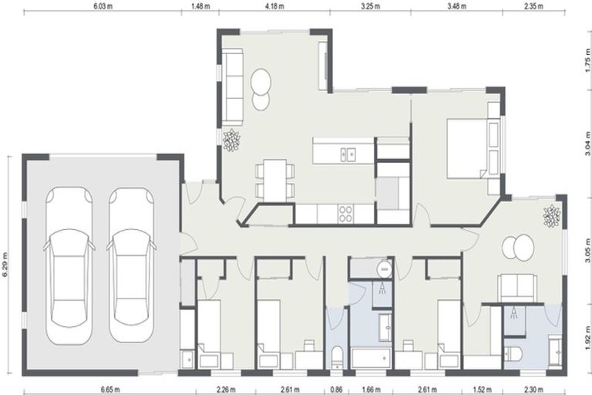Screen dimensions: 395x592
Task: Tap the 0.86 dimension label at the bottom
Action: point(337,390)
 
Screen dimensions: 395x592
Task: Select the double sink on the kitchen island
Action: point(347,154)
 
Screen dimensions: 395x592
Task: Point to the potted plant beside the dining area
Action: point(231,140)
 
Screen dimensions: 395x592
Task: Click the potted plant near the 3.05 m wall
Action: point(551,217)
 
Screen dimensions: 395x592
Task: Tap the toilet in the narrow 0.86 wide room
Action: point(337,357)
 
